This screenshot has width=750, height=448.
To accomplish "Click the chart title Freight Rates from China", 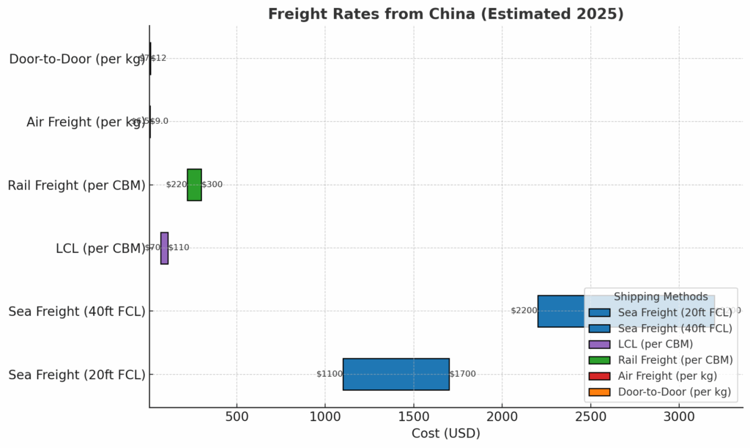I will (x=445, y=14).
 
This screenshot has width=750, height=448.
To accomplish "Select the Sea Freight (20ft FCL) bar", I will (x=396, y=374).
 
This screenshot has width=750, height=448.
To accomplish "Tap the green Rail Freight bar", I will (x=194, y=185).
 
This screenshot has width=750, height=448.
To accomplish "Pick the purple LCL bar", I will (x=165, y=248).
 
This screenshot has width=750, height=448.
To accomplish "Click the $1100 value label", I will (x=329, y=374).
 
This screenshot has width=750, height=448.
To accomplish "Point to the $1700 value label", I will (x=462, y=374).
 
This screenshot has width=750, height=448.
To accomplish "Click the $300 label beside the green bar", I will (x=212, y=185).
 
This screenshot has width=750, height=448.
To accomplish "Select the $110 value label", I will (x=179, y=248).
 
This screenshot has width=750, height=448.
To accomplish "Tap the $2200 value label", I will (x=524, y=311).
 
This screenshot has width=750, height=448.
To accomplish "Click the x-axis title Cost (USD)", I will (x=445, y=433).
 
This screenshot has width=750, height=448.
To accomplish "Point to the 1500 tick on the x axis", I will (x=414, y=416).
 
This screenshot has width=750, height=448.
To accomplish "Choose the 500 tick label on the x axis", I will (x=237, y=416).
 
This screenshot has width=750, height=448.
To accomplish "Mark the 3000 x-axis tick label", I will (x=679, y=416).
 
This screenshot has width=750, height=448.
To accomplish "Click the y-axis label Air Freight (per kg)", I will (x=86, y=122).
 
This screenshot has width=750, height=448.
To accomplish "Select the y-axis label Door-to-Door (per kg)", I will (x=78, y=59).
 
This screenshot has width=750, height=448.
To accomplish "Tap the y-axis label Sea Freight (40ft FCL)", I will (x=77, y=312).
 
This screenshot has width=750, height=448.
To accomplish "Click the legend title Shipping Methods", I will (x=661, y=297).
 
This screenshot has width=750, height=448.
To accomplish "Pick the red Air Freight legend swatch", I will (x=599, y=376).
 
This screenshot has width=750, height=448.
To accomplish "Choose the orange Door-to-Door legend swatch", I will (x=599, y=392).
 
